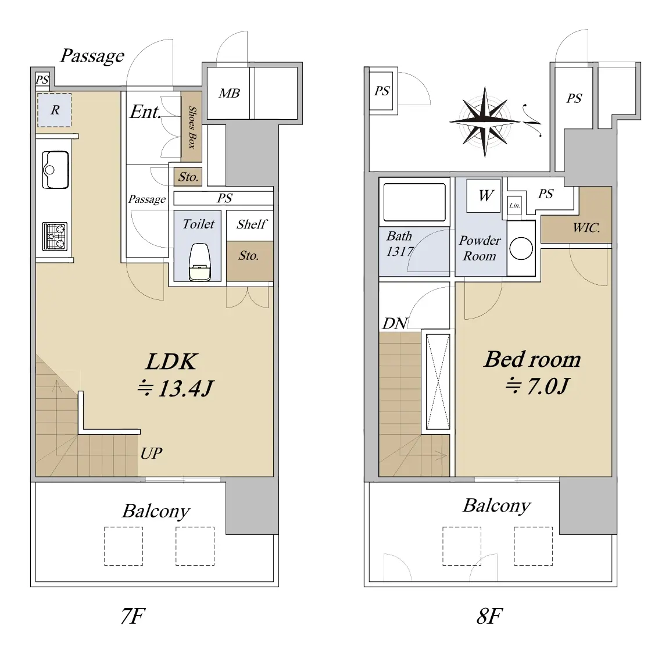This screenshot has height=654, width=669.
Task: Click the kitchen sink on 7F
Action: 55,170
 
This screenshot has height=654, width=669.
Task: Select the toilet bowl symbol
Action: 200,262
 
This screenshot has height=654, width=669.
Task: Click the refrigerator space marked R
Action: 54,110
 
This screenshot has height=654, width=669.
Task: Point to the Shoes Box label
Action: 192,127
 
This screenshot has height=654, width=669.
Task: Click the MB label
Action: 229,93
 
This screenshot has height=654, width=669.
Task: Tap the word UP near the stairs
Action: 152,453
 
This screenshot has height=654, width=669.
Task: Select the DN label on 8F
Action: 395,323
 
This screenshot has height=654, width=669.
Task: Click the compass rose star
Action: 485,121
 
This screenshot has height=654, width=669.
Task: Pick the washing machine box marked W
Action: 484,196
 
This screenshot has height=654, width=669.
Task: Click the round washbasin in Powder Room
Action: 521,248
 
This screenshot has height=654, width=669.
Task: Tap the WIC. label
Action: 586,228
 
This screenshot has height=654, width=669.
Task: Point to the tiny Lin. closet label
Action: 514,205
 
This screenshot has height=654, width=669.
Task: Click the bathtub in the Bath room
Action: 414,202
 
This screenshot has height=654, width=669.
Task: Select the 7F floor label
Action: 133,616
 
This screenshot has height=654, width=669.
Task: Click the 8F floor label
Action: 489,616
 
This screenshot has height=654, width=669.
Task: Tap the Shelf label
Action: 252,224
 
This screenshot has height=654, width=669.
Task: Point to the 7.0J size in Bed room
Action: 548,386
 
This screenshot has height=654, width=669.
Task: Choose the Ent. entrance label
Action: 145,112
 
